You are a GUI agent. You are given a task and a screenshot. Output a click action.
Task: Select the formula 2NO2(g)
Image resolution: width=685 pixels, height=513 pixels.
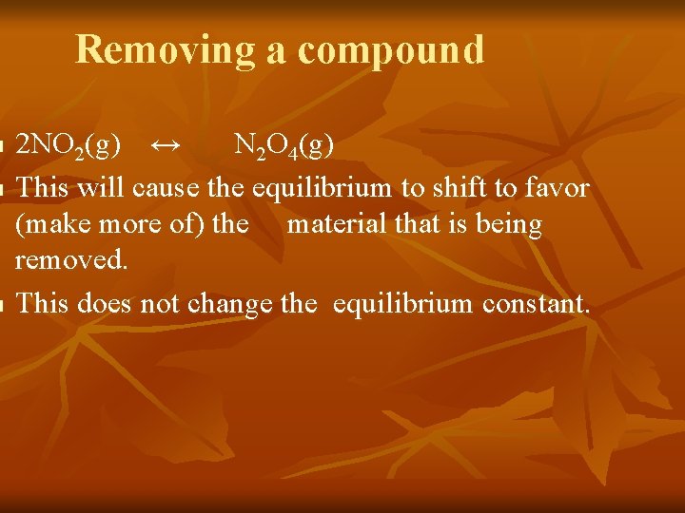[69, 146]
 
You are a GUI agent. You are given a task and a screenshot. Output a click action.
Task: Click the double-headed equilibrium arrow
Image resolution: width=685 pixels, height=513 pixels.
[166, 145]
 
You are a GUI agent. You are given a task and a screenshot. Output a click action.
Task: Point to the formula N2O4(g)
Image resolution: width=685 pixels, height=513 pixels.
[284, 146]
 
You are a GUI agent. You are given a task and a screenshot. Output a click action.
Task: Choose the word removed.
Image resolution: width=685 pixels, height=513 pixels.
[71, 261]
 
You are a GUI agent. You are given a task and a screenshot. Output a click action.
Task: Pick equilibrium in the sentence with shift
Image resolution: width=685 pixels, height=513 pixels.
[321, 188]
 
